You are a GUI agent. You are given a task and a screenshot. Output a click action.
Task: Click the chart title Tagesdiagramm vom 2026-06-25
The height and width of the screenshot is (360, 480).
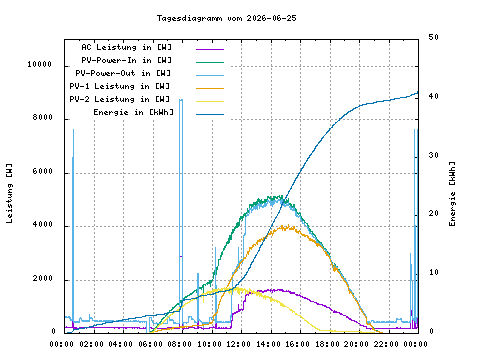coord(227,18)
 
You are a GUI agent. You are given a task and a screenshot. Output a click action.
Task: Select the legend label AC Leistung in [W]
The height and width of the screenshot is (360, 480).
coord(127,47)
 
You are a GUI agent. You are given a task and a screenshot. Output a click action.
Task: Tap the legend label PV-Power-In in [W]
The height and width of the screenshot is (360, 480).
coord(127,60)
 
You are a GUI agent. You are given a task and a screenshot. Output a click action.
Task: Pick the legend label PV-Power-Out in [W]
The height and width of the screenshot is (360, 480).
coord(123,73)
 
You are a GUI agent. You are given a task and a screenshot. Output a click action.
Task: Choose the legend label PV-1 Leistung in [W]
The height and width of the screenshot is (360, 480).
coord(120,86)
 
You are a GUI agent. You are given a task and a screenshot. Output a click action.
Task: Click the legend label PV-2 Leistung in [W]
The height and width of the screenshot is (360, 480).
coord(120,99)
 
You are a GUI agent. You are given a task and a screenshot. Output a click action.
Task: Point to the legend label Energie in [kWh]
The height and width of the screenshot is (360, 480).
coord(133,112)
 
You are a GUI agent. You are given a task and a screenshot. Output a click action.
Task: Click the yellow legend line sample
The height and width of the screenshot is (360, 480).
coord(210,101)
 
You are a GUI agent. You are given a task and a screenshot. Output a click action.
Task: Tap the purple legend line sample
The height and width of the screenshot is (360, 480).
coord(210,49)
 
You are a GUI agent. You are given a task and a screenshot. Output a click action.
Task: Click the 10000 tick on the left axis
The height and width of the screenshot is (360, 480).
coord(40,64)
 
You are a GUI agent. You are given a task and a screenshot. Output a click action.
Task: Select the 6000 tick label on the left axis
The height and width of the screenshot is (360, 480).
coord(43,171)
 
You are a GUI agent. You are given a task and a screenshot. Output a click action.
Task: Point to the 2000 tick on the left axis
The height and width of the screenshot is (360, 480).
coord(43,278)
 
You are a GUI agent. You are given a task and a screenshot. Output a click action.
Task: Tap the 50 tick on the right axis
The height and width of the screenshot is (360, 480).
coord(434,37)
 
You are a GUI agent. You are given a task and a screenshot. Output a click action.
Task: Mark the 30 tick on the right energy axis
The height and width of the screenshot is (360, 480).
coord(434,155)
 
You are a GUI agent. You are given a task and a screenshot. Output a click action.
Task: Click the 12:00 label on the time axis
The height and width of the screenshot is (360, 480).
coord(239,344)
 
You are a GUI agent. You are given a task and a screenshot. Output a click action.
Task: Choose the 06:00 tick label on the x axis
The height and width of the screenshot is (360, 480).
coord(151,344)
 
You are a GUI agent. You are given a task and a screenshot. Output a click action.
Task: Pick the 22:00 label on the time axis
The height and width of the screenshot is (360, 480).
coord(386,344)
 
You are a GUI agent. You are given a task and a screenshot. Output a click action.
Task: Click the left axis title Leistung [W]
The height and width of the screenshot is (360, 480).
coord(9,193)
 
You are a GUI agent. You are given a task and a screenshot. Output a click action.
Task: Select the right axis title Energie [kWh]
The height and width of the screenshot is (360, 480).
coord(452,194)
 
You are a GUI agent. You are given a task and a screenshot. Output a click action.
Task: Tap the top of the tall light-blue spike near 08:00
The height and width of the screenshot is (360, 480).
coord(181,99)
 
